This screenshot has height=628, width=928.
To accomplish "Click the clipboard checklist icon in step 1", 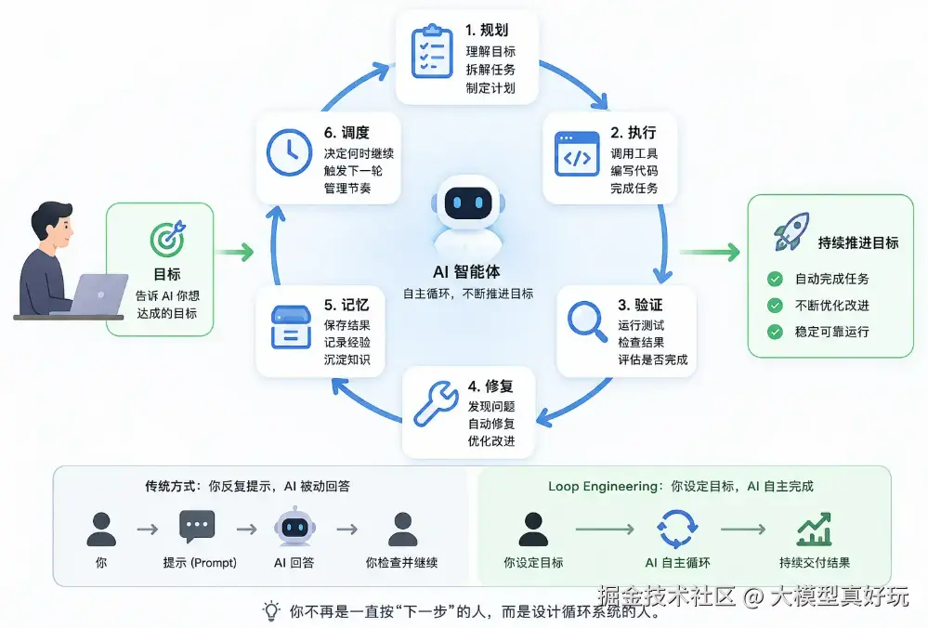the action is pos(432,51).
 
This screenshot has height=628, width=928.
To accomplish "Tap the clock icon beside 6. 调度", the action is pos(289,152).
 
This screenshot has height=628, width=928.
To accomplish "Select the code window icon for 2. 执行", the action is pos(577,154).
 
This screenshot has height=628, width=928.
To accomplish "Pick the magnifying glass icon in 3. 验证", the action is pos(587,321).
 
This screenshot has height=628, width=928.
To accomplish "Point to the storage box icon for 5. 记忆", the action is pos(291,327).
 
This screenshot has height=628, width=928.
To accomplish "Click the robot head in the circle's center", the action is pos(467,203).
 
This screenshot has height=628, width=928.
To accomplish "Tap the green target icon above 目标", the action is pos(167,239).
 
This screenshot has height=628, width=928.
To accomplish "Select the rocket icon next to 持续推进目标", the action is pos(791,231).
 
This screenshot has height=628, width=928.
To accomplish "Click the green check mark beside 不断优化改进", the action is pos(775,306).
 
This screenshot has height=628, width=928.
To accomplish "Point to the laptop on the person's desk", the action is pos(95,294).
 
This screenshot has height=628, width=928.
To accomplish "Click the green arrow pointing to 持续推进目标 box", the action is pos(710,252).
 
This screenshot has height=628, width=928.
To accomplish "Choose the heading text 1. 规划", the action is pos(487,30).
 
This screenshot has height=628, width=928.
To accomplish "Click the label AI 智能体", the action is pos(466,271).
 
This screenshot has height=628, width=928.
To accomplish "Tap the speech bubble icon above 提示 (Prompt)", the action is pos(197,526).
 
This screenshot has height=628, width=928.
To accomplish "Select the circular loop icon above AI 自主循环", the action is pos(677,529).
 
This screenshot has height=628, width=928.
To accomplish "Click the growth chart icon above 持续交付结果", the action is pos(815,529).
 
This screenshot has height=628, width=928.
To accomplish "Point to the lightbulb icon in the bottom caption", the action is pos(271,610).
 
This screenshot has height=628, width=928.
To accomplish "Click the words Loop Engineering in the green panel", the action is pos(603,487).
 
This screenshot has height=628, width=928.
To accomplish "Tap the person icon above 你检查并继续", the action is pos(402,530).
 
